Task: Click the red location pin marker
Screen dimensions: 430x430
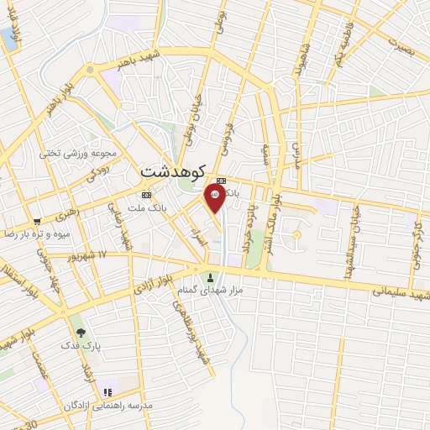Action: tap(215, 198)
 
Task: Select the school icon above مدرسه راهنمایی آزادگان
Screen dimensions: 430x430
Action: tap(107, 391)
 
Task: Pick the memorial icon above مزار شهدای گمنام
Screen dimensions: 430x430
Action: tap(209, 277)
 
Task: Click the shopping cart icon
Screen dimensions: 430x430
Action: tap(36, 217)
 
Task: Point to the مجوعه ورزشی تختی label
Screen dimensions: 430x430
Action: tap(73, 153)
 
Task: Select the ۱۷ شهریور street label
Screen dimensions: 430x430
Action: tap(92, 254)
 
